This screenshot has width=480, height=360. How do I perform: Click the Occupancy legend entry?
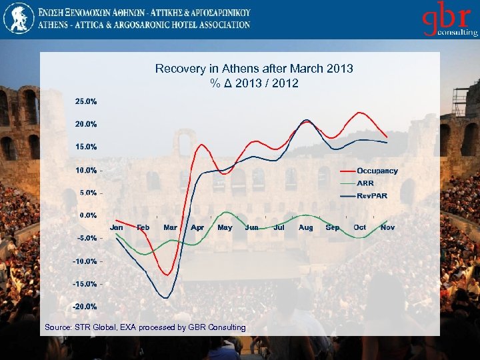tap(377, 171)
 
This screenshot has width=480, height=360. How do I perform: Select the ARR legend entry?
tap(365, 183)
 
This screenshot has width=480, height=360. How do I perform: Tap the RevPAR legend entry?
tap(371, 195)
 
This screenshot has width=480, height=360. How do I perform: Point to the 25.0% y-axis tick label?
tap(85, 101)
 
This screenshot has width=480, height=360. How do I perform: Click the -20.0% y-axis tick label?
tap(84, 307)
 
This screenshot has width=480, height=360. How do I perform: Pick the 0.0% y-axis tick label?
tap(87, 215)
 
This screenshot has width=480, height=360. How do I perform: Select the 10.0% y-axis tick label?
tap(85, 170)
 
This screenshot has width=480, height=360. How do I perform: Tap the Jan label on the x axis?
tap(116, 227)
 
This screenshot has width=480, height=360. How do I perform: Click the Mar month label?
tap(170, 227)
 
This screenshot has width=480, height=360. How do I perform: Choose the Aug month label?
tap(306, 227)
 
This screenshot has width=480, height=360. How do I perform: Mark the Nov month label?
tap(387, 227)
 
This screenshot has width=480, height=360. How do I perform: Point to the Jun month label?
tap(251, 227)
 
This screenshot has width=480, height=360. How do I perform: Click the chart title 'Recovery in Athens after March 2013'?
tap(254, 69)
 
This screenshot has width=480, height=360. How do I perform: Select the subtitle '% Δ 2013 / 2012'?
tap(254, 83)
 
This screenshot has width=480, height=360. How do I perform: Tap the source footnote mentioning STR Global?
tap(145, 327)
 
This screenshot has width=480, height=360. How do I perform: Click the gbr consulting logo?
tap(449, 21)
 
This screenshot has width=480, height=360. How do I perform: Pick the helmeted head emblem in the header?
tap(18, 18)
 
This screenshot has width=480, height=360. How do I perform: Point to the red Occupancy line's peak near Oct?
tap(361, 113)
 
